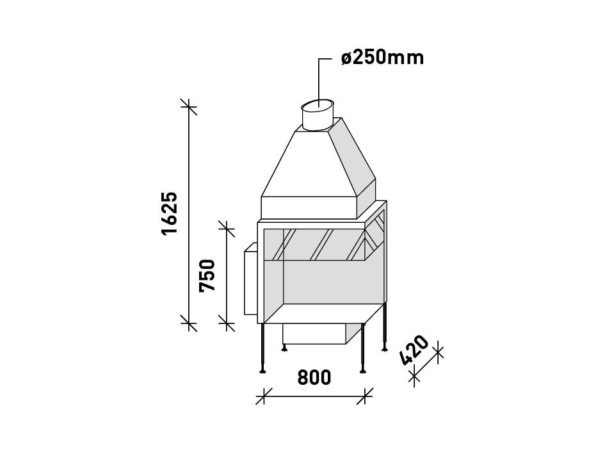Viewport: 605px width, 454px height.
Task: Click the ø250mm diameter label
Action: tap(382, 58)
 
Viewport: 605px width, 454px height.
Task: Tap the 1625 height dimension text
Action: tap(170, 213)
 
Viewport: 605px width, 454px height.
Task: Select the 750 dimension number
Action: tap(208, 275)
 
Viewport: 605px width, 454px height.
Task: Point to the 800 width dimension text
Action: tap(314, 378)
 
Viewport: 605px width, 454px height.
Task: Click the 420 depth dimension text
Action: tap(414, 351)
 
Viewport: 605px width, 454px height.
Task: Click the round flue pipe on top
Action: tap(316, 115)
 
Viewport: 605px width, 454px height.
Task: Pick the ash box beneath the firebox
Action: tap(314, 334)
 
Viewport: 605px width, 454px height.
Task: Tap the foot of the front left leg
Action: tap(262, 371)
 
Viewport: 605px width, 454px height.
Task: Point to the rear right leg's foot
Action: tap(384, 348)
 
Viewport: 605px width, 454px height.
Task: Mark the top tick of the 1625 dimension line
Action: tap(188, 107)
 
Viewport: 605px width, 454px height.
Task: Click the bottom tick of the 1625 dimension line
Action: tap(188, 323)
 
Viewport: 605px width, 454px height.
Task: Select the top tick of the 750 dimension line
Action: tap(226, 228)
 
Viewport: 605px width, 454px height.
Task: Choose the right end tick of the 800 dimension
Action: tap(365, 396)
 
